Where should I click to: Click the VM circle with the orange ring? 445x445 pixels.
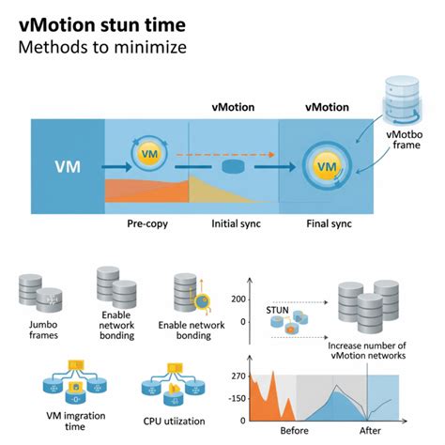[x=147, y=153]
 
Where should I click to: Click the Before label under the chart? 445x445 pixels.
[x=294, y=431]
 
